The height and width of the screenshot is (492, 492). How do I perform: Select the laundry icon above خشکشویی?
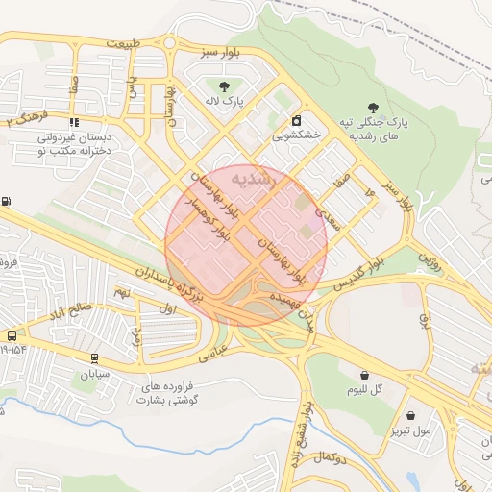pos(297,121)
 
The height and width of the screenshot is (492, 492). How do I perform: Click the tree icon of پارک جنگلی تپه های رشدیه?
pos(374,108)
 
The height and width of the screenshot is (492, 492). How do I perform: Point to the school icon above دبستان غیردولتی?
pos(74,122)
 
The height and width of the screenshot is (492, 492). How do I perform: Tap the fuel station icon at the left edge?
pos(8,201)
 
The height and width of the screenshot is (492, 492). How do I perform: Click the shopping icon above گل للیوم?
pos(364,374)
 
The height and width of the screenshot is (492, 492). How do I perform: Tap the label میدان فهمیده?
pos(296,314)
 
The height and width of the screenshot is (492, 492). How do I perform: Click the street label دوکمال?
pos(329,453)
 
